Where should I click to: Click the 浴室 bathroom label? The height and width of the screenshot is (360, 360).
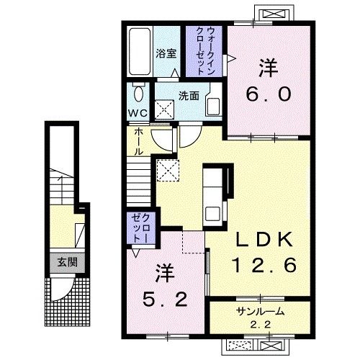[x=166, y=53]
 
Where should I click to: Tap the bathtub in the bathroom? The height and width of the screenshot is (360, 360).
[x=140, y=52]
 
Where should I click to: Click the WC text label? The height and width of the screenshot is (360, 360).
[x=138, y=113]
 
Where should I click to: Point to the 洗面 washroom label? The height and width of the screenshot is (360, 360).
[x=189, y=96]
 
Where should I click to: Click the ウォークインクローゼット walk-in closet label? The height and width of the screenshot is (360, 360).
[x=204, y=51]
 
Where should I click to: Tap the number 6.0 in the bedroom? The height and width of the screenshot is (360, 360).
[x=269, y=94]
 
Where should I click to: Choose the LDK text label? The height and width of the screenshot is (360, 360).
[x=264, y=239]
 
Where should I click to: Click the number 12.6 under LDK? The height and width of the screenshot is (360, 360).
[x=265, y=264]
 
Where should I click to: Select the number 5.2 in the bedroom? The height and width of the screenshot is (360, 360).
[x=165, y=299]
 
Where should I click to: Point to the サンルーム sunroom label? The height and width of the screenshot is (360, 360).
[x=261, y=311]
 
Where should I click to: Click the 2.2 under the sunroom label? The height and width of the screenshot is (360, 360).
[x=261, y=325]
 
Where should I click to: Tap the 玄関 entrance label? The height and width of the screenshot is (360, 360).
[x=67, y=262]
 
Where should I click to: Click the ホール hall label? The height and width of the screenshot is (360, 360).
[x=139, y=142]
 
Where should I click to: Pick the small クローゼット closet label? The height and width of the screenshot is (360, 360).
[x=141, y=228]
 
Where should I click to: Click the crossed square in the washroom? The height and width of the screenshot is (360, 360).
[x=164, y=109]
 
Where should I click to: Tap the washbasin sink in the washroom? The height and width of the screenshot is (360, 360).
[x=213, y=107]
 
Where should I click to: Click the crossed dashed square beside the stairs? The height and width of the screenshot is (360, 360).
[x=168, y=171]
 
